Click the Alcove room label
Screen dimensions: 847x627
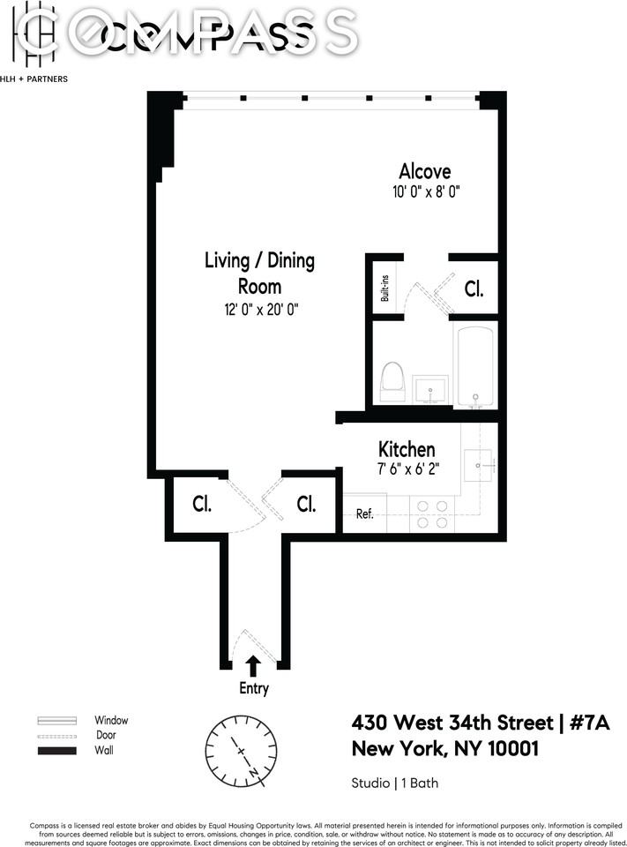pyautogui.click(x=424, y=171)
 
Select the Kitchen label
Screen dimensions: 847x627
pyautogui.click(x=407, y=449)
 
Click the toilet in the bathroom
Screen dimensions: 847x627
pyautogui.click(x=392, y=382)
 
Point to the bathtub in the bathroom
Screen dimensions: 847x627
pyautogui.click(x=475, y=364)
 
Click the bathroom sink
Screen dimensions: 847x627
pyautogui.click(x=430, y=388)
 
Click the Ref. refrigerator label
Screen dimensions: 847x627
pyautogui.click(x=364, y=514)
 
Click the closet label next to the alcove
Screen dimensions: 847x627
pyautogui.click(x=474, y=289)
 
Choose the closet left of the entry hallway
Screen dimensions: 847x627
pyautogui.click(x=200, y=504)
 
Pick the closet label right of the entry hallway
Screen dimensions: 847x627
pyautogui.click(x=306, y=504)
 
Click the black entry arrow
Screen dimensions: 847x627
pyautogui.click(x=253, y=665)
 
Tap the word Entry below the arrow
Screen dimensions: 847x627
pyautogui.click(x=253, y=689)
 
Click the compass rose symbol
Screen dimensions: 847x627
pyautogui.click(x=241, y=749)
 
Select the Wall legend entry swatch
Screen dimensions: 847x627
pyautogui.click(x=57, y=751)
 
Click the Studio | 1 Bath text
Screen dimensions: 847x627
pyautogui.click(x=395, y=783)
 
